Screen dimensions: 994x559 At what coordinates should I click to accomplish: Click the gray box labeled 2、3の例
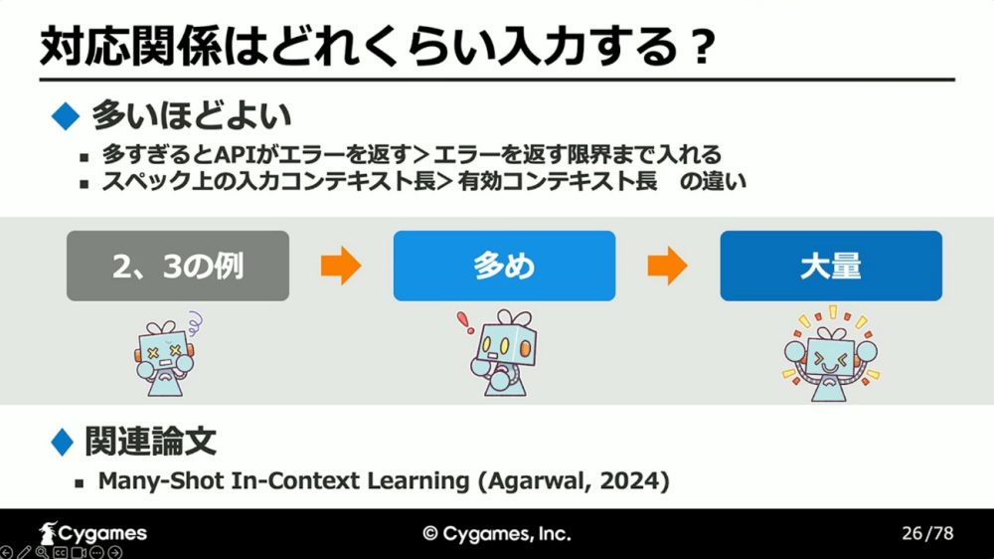click(178, 266)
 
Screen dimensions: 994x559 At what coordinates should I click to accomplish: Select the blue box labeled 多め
click(504, 266)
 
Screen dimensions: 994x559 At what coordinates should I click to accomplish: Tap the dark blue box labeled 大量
click(830, 266)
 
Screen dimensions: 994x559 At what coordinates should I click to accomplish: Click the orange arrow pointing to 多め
click(341, 266)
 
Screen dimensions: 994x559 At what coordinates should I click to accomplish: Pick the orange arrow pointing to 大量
click(668, 266)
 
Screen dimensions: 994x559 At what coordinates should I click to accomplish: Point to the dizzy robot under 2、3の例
click(166, 355)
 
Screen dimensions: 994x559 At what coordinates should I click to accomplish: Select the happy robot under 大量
click(830, 355)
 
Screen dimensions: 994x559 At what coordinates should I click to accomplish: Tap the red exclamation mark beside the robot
click(465, 322)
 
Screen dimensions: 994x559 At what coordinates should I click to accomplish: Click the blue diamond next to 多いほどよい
click(66, 116)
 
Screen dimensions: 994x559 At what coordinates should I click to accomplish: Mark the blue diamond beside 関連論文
click(62, 442)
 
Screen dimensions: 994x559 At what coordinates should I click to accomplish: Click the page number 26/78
click(927, 533)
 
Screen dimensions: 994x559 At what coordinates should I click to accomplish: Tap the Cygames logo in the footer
click(92, 533)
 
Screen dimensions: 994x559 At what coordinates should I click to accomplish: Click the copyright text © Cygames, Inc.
click(497, 533)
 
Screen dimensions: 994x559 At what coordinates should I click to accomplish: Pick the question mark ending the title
click(703, 48)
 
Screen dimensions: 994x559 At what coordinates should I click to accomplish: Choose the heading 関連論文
click(151, 442)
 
